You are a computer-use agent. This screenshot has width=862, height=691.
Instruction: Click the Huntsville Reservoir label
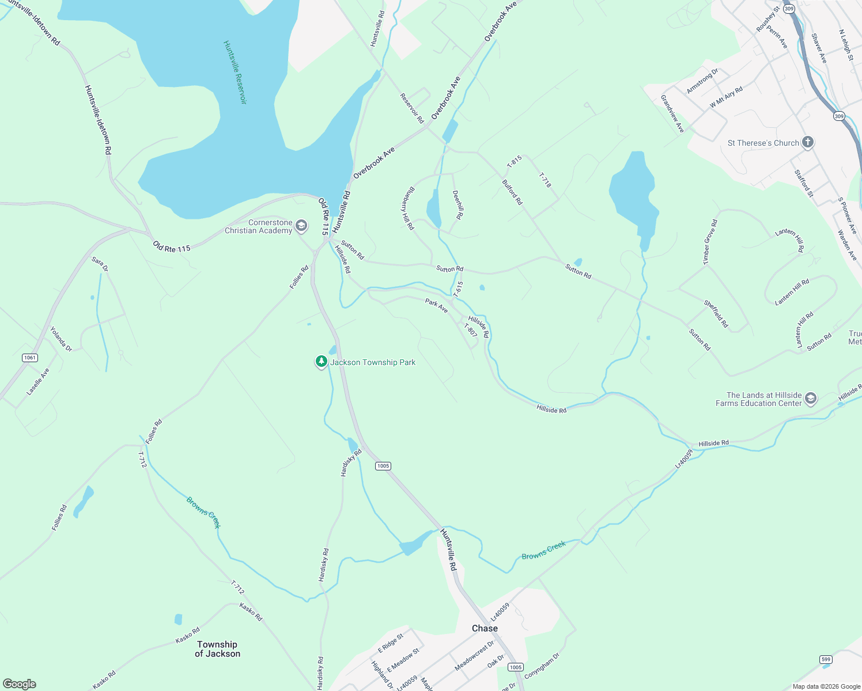point(235,73)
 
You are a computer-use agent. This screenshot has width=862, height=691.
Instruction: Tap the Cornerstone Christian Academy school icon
point(301,226)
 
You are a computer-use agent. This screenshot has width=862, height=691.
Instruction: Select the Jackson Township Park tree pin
point(322,362)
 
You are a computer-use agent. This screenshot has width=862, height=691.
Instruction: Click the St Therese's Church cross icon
point(808,142)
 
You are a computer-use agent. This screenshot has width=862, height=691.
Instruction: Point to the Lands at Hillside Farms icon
point(811,398)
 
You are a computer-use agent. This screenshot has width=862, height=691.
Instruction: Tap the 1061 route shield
point(30,358)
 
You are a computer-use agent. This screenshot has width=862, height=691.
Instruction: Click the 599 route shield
point(826,659)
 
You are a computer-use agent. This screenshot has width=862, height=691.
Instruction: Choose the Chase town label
point(485,628)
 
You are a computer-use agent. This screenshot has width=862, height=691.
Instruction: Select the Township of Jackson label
point(217,649)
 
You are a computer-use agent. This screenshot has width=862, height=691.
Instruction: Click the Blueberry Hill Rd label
point(407,208)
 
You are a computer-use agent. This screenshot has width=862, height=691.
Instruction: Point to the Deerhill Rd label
point(458,205)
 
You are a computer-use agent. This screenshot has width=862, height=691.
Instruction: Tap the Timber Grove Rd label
point(710,242)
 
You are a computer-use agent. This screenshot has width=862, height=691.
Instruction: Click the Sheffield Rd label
point(716,314)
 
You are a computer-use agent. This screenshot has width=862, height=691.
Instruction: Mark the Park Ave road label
point(436,305)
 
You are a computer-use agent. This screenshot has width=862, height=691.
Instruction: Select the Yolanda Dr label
point(61,339)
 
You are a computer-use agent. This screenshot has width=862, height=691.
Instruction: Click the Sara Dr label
point(100,264)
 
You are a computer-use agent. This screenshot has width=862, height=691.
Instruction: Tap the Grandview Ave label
point(672,113)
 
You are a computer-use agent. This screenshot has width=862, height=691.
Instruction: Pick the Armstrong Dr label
point(702,81)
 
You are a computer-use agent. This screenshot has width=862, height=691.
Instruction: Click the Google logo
point(20,684)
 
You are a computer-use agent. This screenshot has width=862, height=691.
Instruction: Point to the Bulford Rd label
point(512,192)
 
